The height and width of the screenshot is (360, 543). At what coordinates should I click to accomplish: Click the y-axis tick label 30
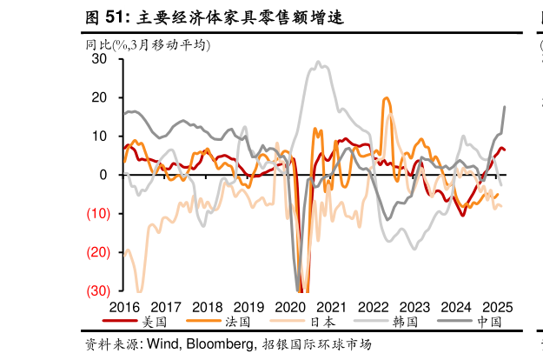click(100, 59)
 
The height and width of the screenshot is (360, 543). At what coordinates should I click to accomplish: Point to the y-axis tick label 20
click(100, 97)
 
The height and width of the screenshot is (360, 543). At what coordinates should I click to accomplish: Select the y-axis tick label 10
click(100, 137)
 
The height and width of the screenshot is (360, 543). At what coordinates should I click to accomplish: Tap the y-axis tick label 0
click(103, 175)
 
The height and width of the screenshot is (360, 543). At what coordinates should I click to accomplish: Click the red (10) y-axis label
click(97, 213)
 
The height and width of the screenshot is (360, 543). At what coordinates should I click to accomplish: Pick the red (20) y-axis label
click(97, 251)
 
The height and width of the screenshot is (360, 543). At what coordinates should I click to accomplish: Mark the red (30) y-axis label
click(97, 290)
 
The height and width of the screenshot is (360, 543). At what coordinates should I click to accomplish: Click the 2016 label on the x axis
click(124, 307)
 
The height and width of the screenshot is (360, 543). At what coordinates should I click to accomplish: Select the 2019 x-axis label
click(248, 307)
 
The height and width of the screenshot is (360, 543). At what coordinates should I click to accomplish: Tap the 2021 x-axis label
click(332, 307)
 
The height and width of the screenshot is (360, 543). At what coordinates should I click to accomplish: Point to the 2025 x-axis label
click(497, 307)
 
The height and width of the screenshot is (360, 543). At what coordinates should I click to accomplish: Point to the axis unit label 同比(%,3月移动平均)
click(148, 45)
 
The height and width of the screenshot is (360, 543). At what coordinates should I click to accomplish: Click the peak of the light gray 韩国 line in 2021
click(318, 63)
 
